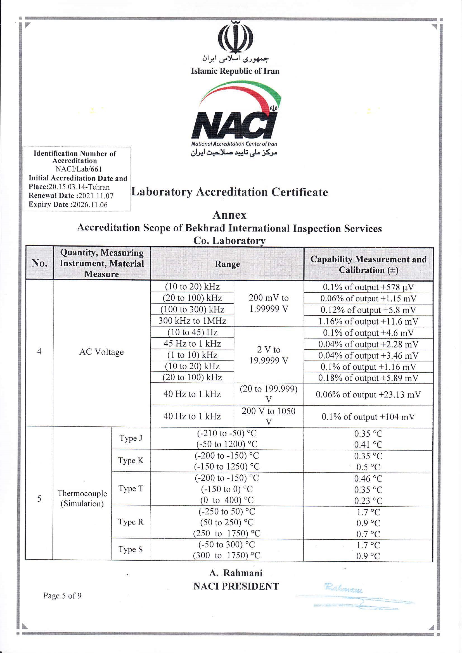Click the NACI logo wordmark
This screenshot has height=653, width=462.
[234, 125]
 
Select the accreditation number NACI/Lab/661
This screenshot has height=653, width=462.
[79, 169]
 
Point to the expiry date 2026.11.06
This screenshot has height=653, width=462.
[90, 204]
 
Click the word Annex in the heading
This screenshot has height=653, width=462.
[229, 215]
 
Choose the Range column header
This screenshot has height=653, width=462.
[227, 264]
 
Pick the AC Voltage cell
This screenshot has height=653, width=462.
[101, 352]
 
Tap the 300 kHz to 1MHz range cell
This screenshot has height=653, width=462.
[192, 321]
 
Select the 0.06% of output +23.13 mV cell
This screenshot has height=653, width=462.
[368, 394]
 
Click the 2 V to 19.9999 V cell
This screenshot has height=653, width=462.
[269, 355]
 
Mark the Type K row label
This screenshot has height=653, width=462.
[131, 461]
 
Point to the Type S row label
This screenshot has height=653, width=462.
[131, 549]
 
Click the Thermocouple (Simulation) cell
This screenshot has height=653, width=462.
[82, 498]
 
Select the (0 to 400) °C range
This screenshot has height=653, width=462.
[227, 500]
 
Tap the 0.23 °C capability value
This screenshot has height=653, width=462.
[368, 501]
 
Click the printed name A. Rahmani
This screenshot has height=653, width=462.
[236, 573]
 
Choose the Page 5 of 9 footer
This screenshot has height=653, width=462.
[62, 595]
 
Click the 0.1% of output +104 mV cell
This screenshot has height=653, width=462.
[368, 417]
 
